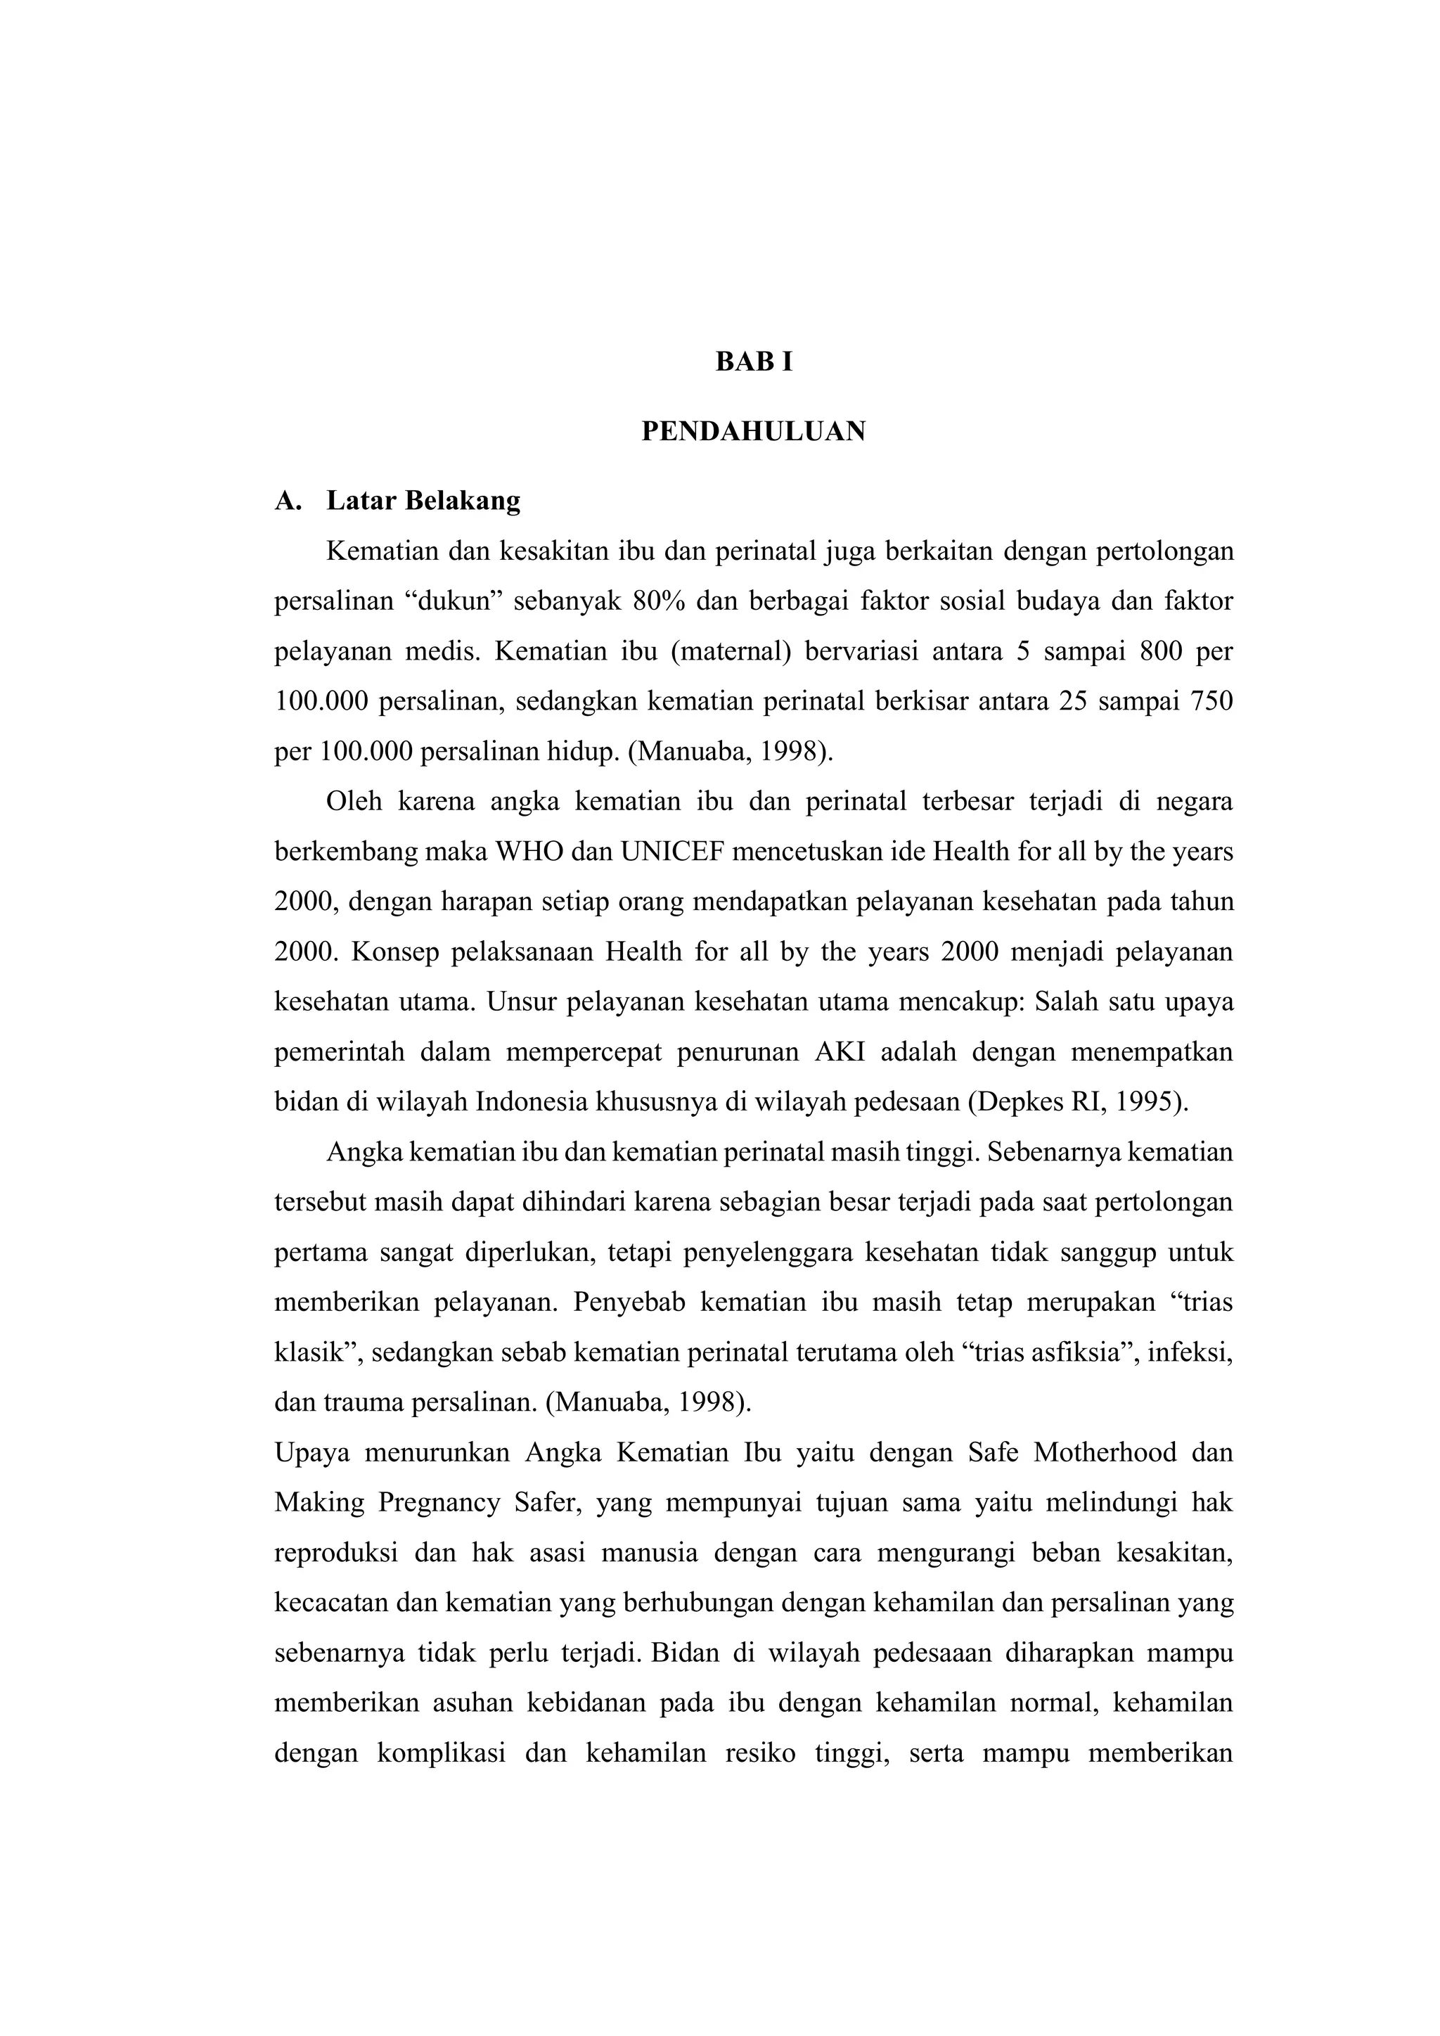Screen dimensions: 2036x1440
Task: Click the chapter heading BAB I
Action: [x=754, y=363]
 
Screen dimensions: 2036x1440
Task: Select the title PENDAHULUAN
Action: [x=754, y=432]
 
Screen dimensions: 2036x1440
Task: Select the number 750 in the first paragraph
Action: [x=1209, y=703]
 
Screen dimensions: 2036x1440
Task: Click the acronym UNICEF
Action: [x=673, y=852]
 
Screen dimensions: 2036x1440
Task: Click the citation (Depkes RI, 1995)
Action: [x=1077, y=1102]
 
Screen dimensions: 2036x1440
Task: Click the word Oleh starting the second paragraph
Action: [x=354, y=802]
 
